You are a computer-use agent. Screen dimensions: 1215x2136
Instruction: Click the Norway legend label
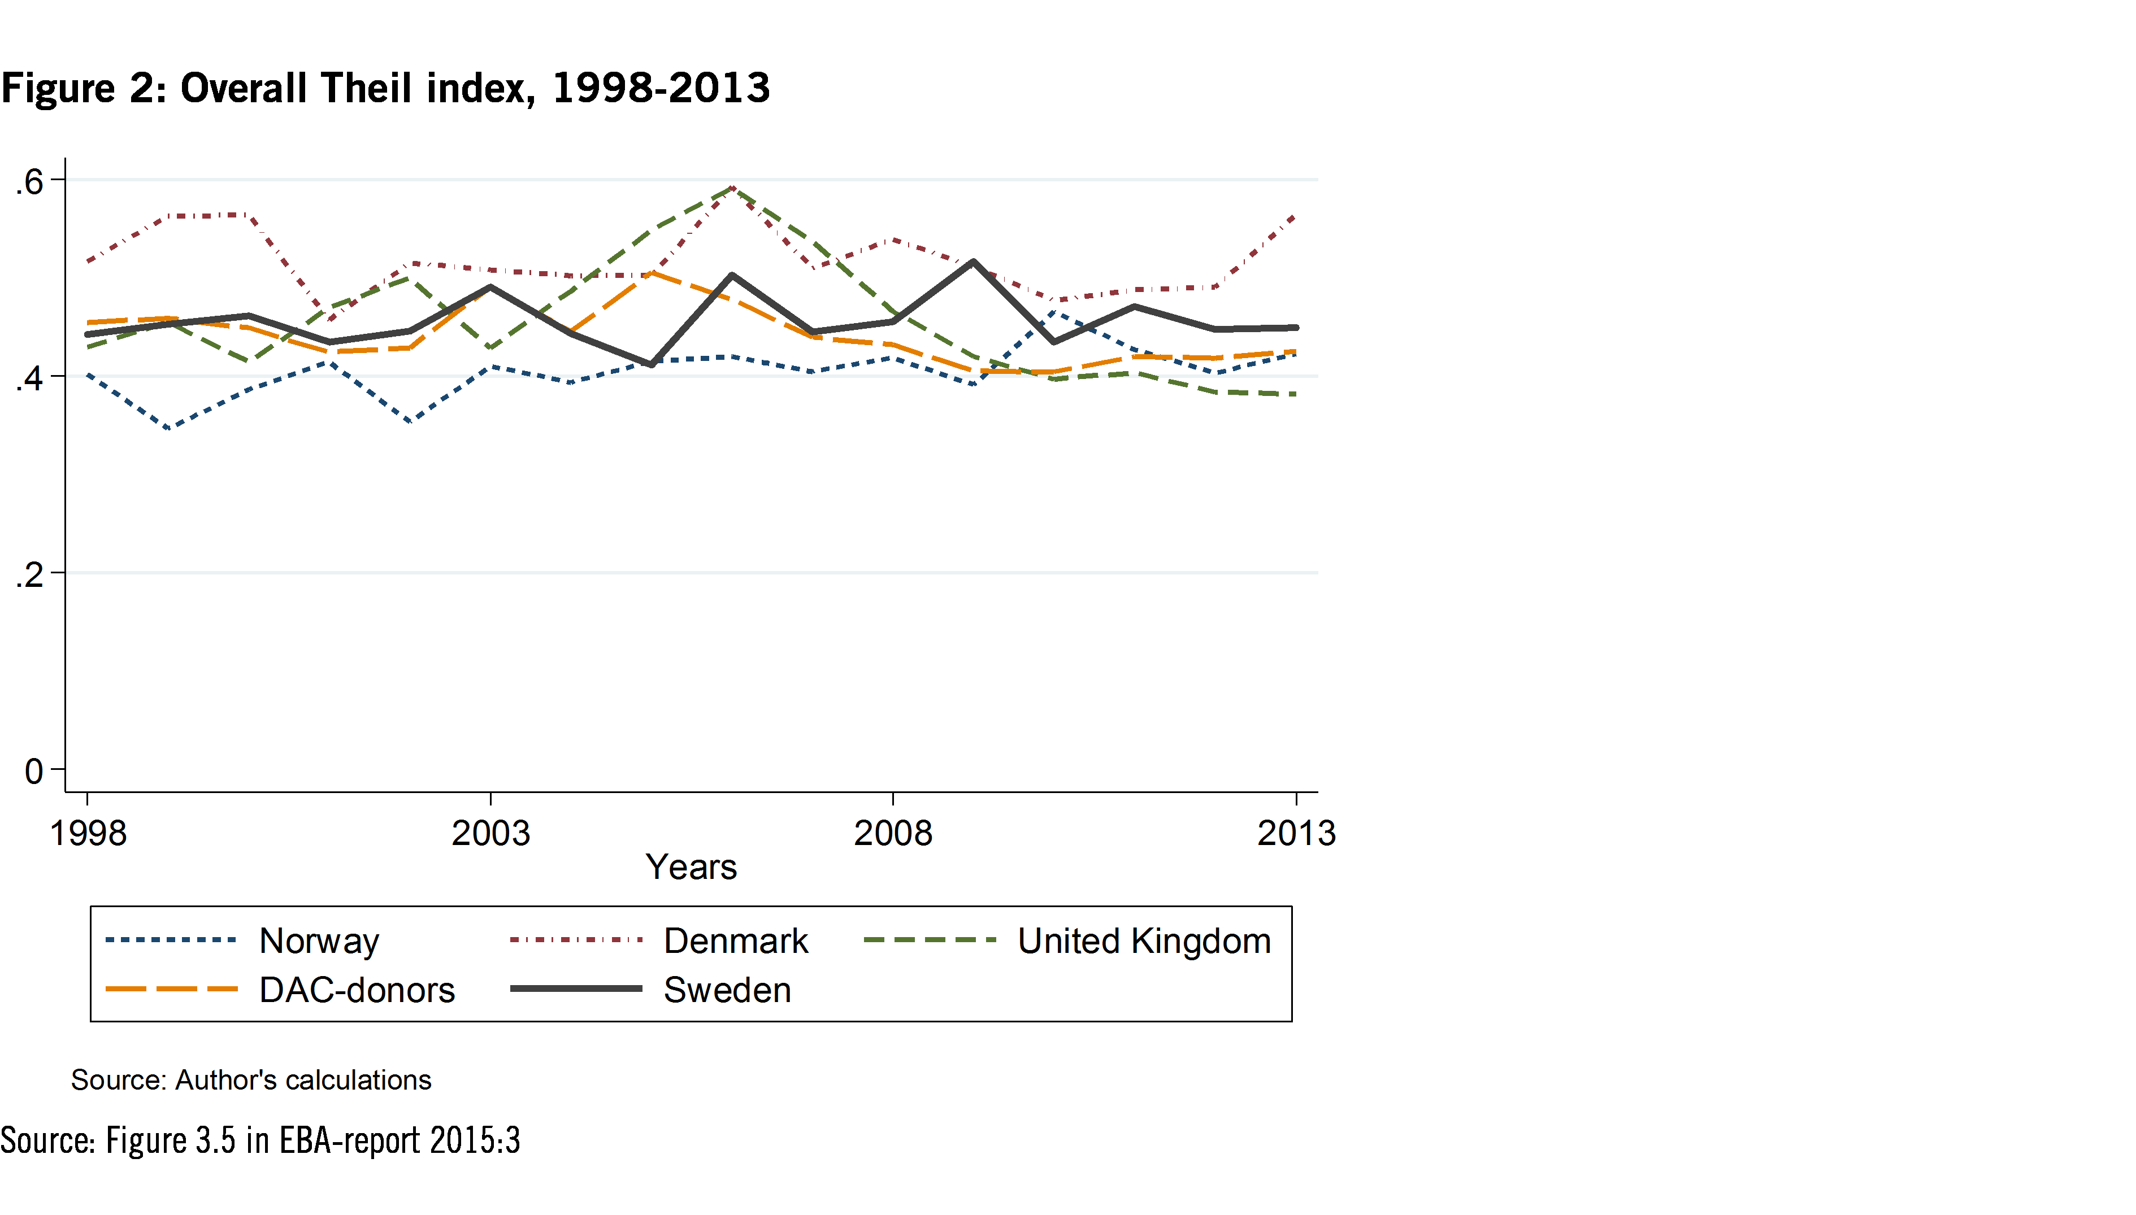[319, 940]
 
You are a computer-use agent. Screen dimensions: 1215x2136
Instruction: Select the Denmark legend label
[735, 940]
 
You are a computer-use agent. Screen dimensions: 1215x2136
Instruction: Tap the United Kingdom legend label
[1144, 940]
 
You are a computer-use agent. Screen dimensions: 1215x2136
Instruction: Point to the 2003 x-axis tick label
[491, 833]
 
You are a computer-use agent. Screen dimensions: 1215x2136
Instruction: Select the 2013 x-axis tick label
[1296, 833]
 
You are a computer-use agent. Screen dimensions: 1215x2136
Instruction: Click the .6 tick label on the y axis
[30, 181]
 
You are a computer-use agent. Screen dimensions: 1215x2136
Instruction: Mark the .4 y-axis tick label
[30, 378]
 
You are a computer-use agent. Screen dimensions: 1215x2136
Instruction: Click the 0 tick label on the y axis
[33, 771]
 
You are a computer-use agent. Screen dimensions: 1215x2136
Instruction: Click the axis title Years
[691, 867]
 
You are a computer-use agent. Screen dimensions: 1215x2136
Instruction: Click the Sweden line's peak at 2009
[973, 262]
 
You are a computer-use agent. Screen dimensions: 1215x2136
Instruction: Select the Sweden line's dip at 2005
[651, 365]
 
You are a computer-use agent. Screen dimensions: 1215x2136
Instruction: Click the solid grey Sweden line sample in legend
[576, 989]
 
